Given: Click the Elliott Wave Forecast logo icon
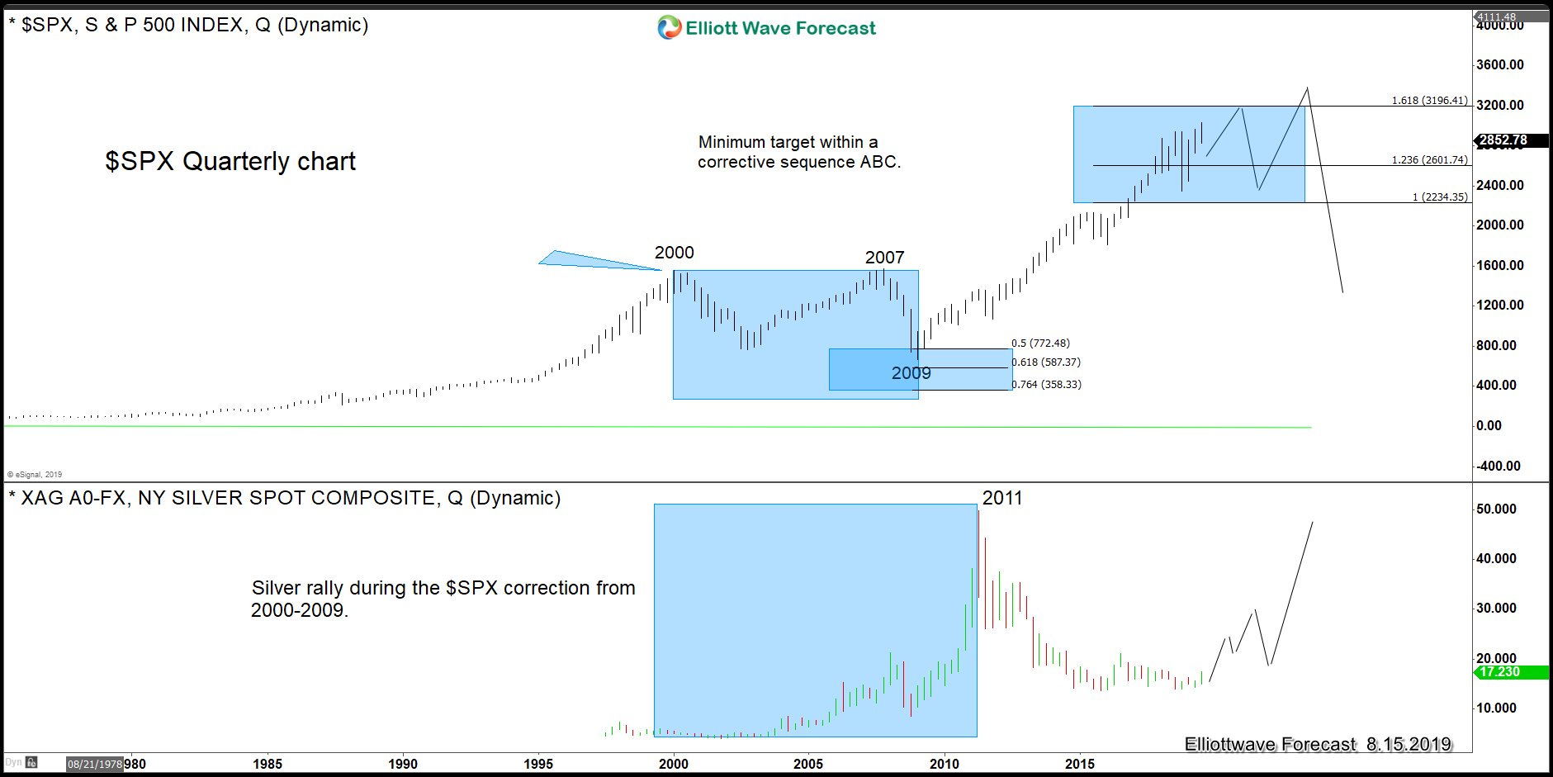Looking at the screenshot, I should pyautogui.click(x=669, y=28).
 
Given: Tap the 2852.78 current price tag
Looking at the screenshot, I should pyautogui.click(x=1503, y=140).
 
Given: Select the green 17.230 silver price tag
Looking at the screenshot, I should pyautogui.click(x=1499, y=672).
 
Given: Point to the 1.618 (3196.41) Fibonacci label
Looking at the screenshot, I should pyautogui.click(x=1429, y=101).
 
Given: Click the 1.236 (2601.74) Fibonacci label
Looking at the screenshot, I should pyautogui.click(x=1429, y=160).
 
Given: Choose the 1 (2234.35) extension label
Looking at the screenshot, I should pyautogui.click(x=1439, y=197).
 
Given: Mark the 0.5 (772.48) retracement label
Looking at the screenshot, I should pyautogui.click(x=1040, y=343).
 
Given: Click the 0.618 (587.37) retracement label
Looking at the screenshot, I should pyautogui.click(x=1046, y=362).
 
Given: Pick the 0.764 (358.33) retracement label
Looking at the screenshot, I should pyautogui.click(x=1046, y=385).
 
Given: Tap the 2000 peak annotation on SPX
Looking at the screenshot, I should pyautogui.click(x=674, y=253).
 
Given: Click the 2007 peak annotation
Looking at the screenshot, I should pyautogui.click(x=884, y=258).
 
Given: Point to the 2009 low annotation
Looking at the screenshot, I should pyautogui.click(x=911, y=373).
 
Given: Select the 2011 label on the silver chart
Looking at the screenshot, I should pyautogui.click(x=1001, y=498).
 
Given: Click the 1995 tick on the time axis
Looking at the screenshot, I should pyautogui.click(x=538, y=764).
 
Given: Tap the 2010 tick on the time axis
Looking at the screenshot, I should pyautogui.click(x=944, y=764).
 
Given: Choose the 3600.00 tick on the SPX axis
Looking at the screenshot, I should pyautogui.click(x=1500, y=65).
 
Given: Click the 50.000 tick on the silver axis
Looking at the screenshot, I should pyautogui.click(x=1496, y=509).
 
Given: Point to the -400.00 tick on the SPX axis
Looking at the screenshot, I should pyautogui.click(x=1499, y=467).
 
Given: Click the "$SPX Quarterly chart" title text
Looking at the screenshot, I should pyautogui.click(x=230, y=161).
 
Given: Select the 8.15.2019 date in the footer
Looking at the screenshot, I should pyautogui.click(x=1408, y=745).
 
